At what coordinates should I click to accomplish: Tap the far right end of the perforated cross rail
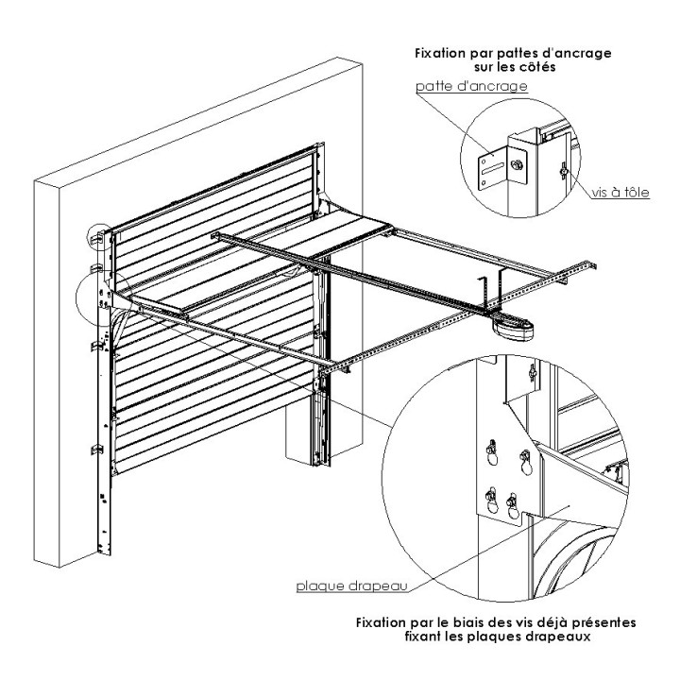(603, 266)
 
